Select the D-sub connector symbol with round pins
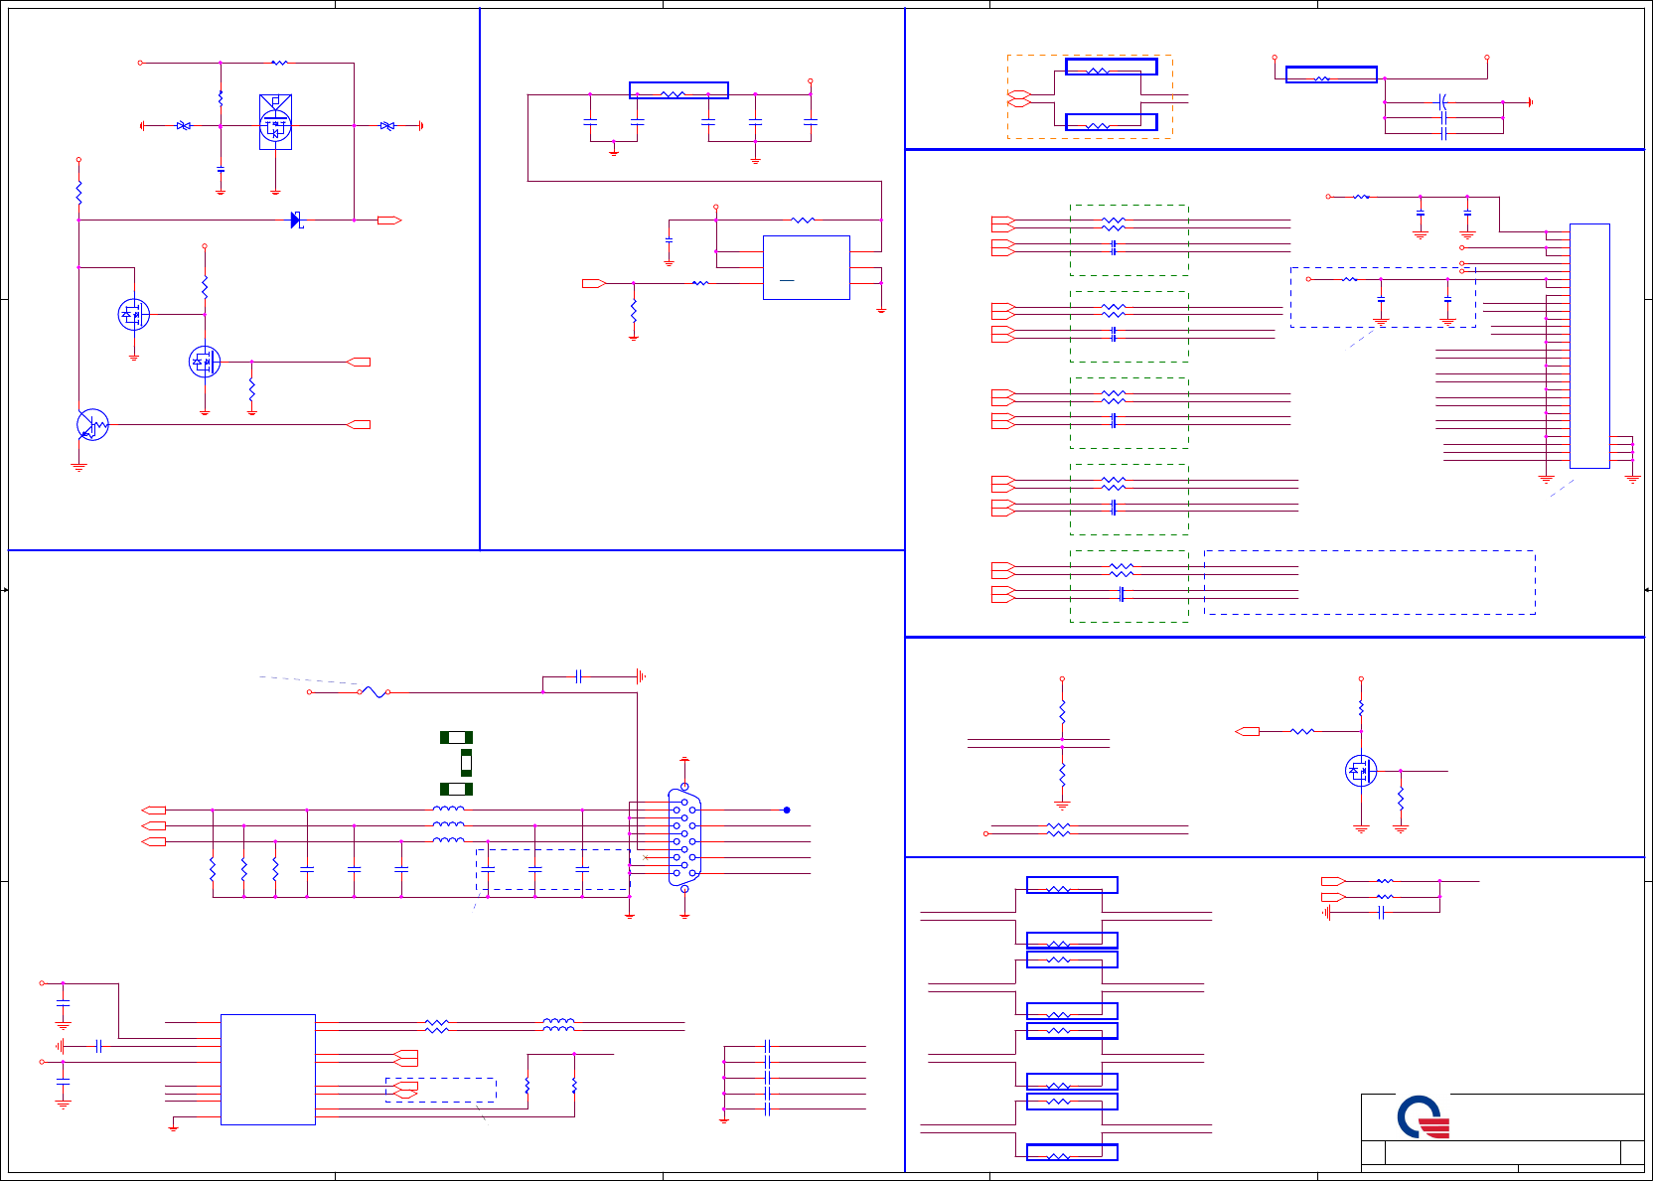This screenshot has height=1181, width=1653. point(684,836)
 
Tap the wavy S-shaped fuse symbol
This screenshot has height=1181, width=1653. point(374,691)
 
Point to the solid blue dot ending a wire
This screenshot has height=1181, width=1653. point(787,810)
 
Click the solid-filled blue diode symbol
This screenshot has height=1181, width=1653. point(295,220)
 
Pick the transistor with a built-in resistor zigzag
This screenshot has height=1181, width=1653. point(92,425)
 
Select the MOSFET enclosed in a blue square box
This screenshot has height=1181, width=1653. point(275,122)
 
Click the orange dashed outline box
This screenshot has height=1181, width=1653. point(1090,96)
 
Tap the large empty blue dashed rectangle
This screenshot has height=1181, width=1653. point(1369,582)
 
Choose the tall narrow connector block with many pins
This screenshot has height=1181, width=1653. point(1589,346)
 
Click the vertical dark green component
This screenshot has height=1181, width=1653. point(466,763)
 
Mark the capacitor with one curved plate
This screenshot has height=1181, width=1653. point(1443,101)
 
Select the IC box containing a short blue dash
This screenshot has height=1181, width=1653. point(806,267)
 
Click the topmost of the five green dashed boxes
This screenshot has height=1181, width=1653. point(1128,239)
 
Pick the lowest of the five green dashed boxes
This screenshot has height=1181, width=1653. point(1128,586)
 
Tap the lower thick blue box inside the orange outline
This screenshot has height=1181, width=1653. point(1111,122)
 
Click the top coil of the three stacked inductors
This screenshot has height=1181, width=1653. point(448,810)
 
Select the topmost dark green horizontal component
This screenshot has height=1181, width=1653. point(456,737)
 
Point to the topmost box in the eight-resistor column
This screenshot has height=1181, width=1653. point(1072,885)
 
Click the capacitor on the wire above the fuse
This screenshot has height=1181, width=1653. point(578,676)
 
